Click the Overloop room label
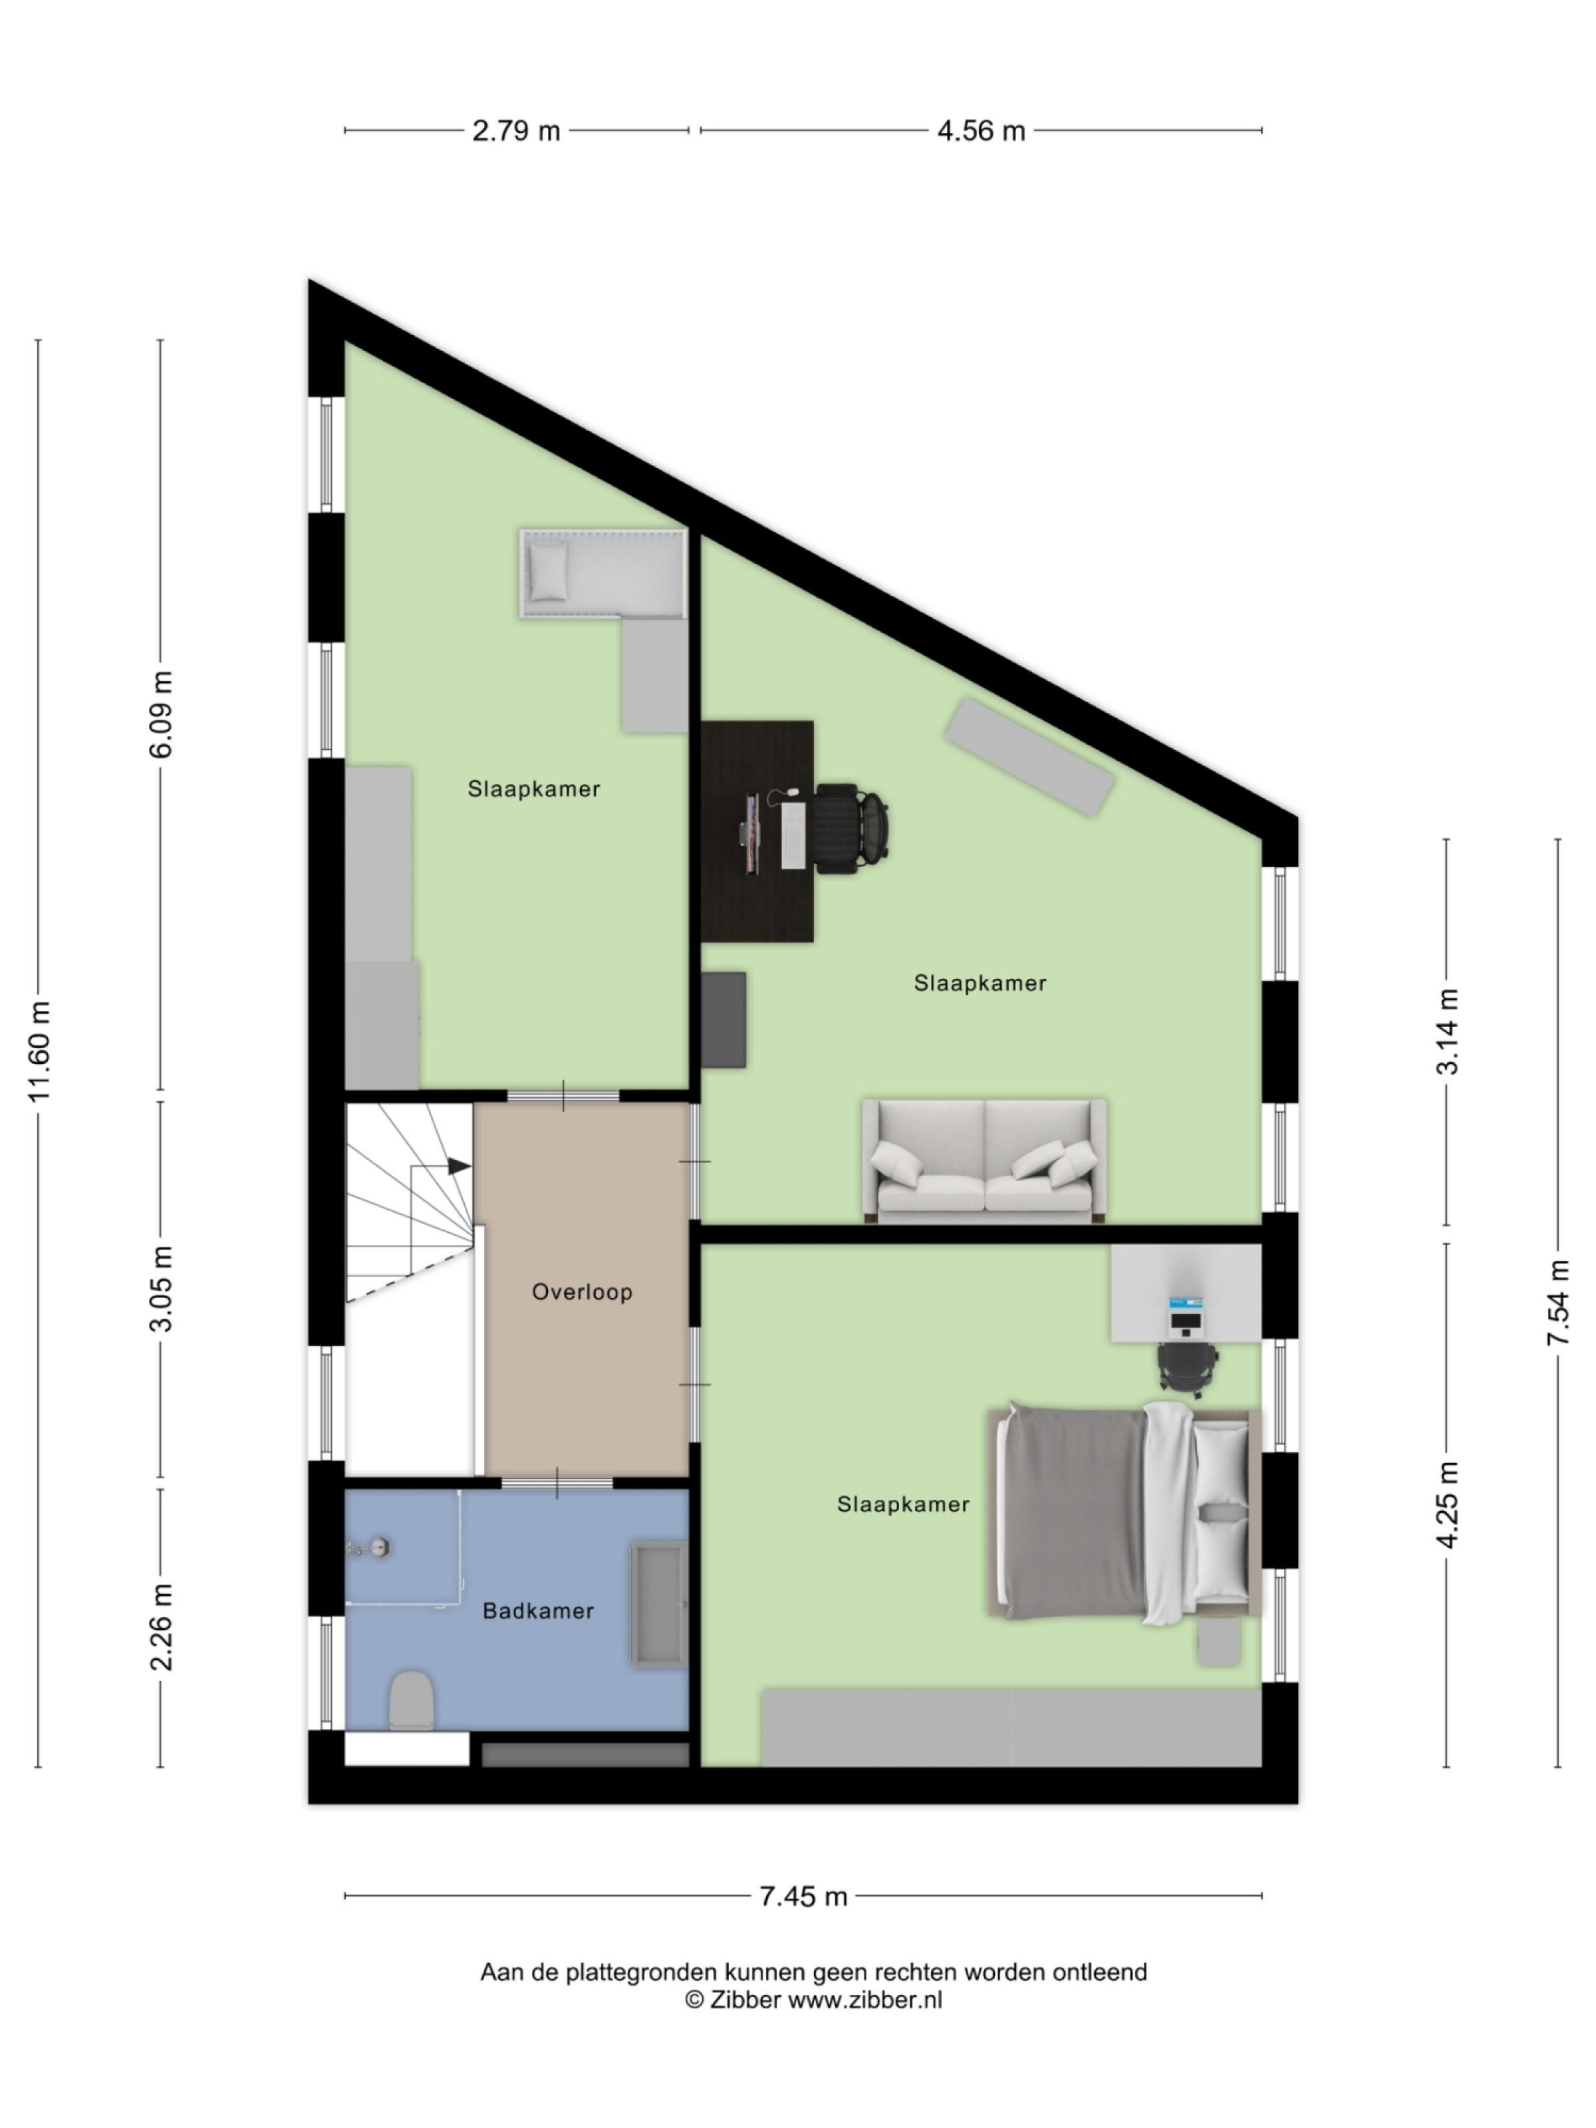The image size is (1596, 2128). point(581,1291)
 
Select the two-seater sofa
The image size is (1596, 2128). point(983,1160)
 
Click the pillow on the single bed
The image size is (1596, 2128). point(547,569)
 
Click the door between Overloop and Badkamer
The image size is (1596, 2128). point(557,1482)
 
